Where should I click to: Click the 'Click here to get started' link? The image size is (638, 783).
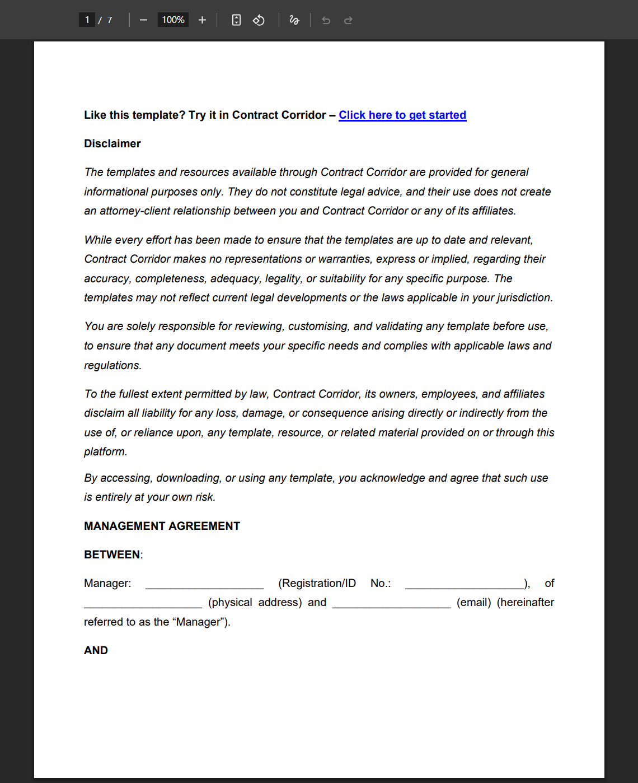(402, 115)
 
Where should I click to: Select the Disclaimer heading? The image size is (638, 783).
(112, 144)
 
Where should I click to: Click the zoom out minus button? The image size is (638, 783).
(144, 20)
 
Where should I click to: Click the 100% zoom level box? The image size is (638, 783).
(173, 20)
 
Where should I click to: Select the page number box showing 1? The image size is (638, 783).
(87, 20)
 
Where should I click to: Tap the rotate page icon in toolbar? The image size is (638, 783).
(259, 20)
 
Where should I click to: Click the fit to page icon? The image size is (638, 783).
(236, 20)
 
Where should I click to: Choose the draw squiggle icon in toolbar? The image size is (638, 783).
(294, 20)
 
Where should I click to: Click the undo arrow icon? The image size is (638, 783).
(326, 21)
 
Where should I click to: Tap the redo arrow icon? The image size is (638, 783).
(348, 21)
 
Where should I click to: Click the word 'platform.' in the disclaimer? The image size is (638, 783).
(106, 452)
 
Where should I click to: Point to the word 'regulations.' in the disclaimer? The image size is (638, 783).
(112, 366)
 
